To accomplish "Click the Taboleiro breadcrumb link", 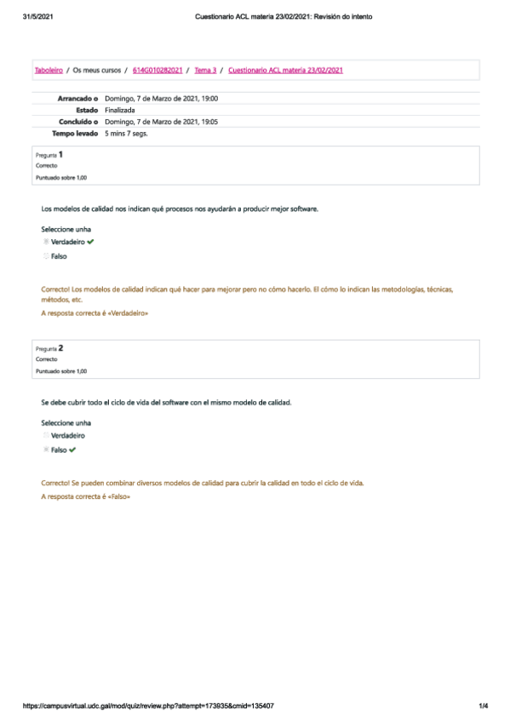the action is click(48, 70).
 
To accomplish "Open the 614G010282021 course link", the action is click(158, 70).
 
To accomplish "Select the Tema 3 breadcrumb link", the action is click(205, 70).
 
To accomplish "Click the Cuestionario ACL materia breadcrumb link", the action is click(286, 70).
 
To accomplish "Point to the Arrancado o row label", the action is click(78, 99).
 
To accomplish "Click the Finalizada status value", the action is click(120, 110).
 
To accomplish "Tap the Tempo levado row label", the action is click(75, 133).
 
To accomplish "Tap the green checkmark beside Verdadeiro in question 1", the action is click(90, 243).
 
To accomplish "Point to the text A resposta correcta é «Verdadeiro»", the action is click(95, 313).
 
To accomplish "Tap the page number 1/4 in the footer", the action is click(482, 706).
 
